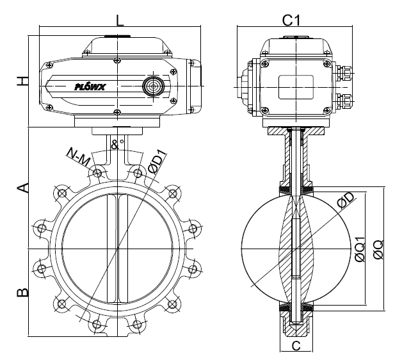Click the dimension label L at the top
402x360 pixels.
tap(120, 20)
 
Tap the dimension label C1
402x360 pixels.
tap(292, 20)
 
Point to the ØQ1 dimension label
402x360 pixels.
tap(360, 247)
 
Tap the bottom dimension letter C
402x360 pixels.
tap(295, 346)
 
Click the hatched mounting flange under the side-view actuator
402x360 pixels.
tap(295, 131)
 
